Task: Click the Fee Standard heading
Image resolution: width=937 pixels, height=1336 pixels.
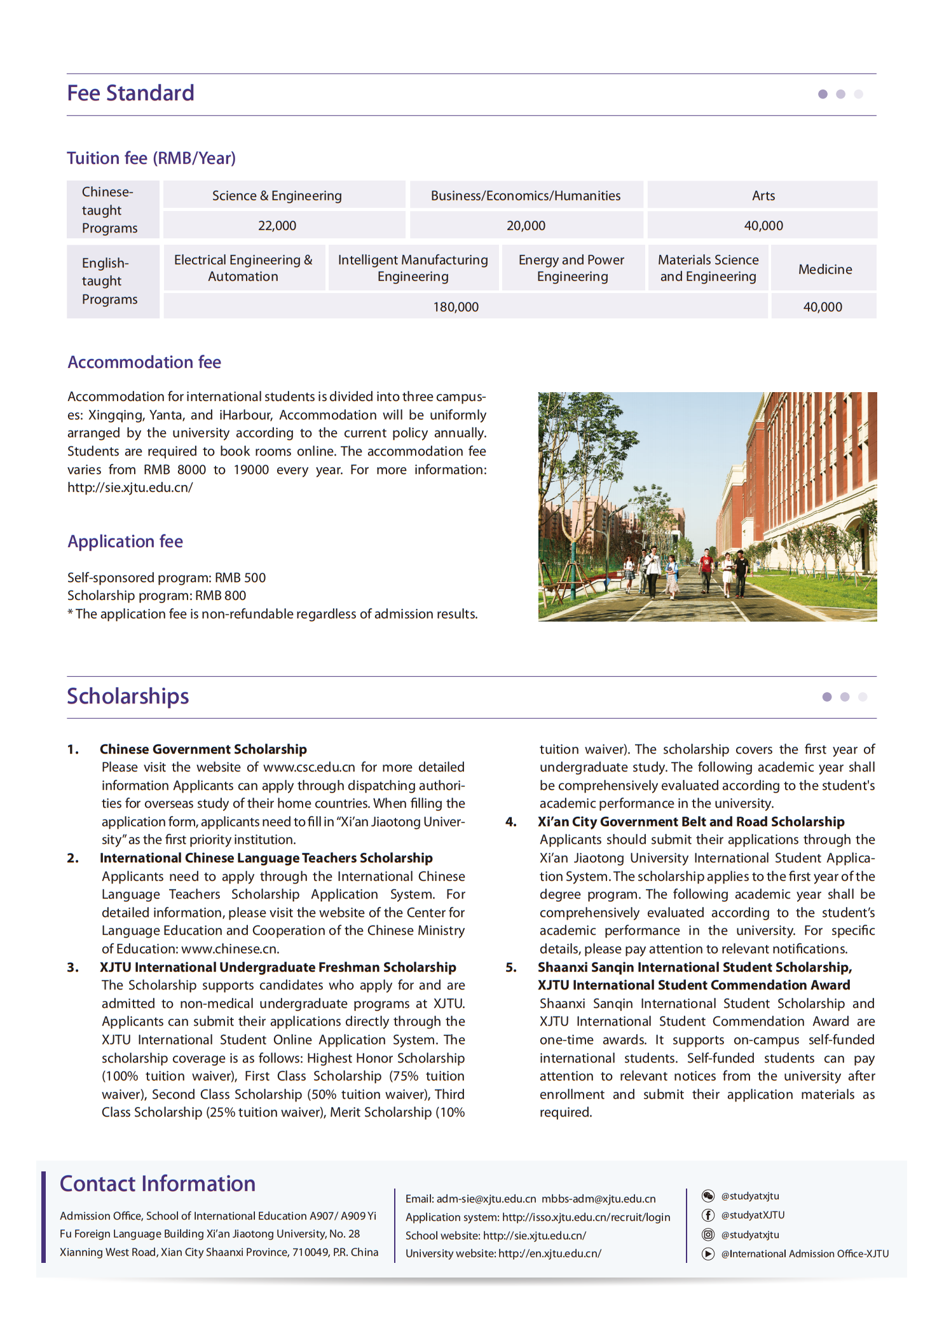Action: (x=130, y=93)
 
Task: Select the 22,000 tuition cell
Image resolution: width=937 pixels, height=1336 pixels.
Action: (x=277, y=226)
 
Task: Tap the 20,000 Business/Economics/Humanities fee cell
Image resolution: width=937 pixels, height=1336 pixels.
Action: (x=526, y=226)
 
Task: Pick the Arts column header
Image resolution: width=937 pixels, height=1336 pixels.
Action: (x=763, y=196)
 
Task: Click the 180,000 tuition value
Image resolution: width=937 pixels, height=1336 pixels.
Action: (x=456, y=307)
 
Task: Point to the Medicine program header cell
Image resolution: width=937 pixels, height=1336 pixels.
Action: (x=824, y=269)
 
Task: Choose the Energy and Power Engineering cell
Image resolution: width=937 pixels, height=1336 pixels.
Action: (x=571, y=268)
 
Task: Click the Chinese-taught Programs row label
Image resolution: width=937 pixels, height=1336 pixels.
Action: (x=109, y=210)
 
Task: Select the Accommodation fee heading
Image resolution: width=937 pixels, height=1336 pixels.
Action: (x=144, y=362)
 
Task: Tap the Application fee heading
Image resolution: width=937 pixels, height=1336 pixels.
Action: (x=125, y=542)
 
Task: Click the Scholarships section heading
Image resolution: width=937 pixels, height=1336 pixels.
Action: (x=128, y=697)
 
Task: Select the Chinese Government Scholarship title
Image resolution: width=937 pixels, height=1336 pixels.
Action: (x=203, y=749)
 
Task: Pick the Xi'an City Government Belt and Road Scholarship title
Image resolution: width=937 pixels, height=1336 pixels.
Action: (x=691, y=822)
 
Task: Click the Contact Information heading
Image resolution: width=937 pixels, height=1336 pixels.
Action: (x=158, y=1184)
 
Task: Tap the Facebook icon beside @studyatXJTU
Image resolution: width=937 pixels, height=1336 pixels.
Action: (x=708, y=1215)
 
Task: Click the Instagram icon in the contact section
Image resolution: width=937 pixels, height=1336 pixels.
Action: (x=708, y=1235)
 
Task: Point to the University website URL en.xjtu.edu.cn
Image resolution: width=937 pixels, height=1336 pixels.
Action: (x=549, y=1253)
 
